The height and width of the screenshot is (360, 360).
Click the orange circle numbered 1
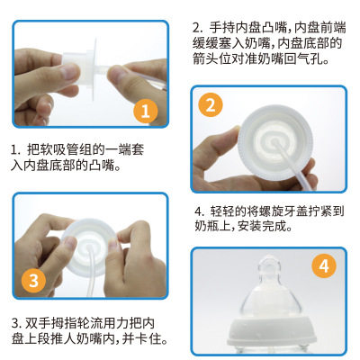pyautogui.click(x=146, y=111)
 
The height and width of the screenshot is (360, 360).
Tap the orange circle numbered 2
pyautogui.click(x=211, y=105)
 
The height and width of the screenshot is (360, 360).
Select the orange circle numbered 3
pyautogui.click(x=33, y=281)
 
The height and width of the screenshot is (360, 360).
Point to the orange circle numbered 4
pyautogui.click(x=324, y=265)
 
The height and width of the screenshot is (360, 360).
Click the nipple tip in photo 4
pyautogui.click(x=269, y=262)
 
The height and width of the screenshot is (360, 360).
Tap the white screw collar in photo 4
pyautogui.click(x=272, y=332)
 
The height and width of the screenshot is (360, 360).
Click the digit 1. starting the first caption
pyautogui.click(x=15, y=149)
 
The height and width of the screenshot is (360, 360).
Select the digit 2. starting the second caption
pyautogui.click(x=198, y=28)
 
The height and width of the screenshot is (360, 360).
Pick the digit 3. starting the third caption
pyautogui.click(x=16, y=323)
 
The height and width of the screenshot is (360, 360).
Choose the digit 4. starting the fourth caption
pyautogui.click(x=200, y=211)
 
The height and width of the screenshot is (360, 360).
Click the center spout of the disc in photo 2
pyautogui.click(x=274, y=142)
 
